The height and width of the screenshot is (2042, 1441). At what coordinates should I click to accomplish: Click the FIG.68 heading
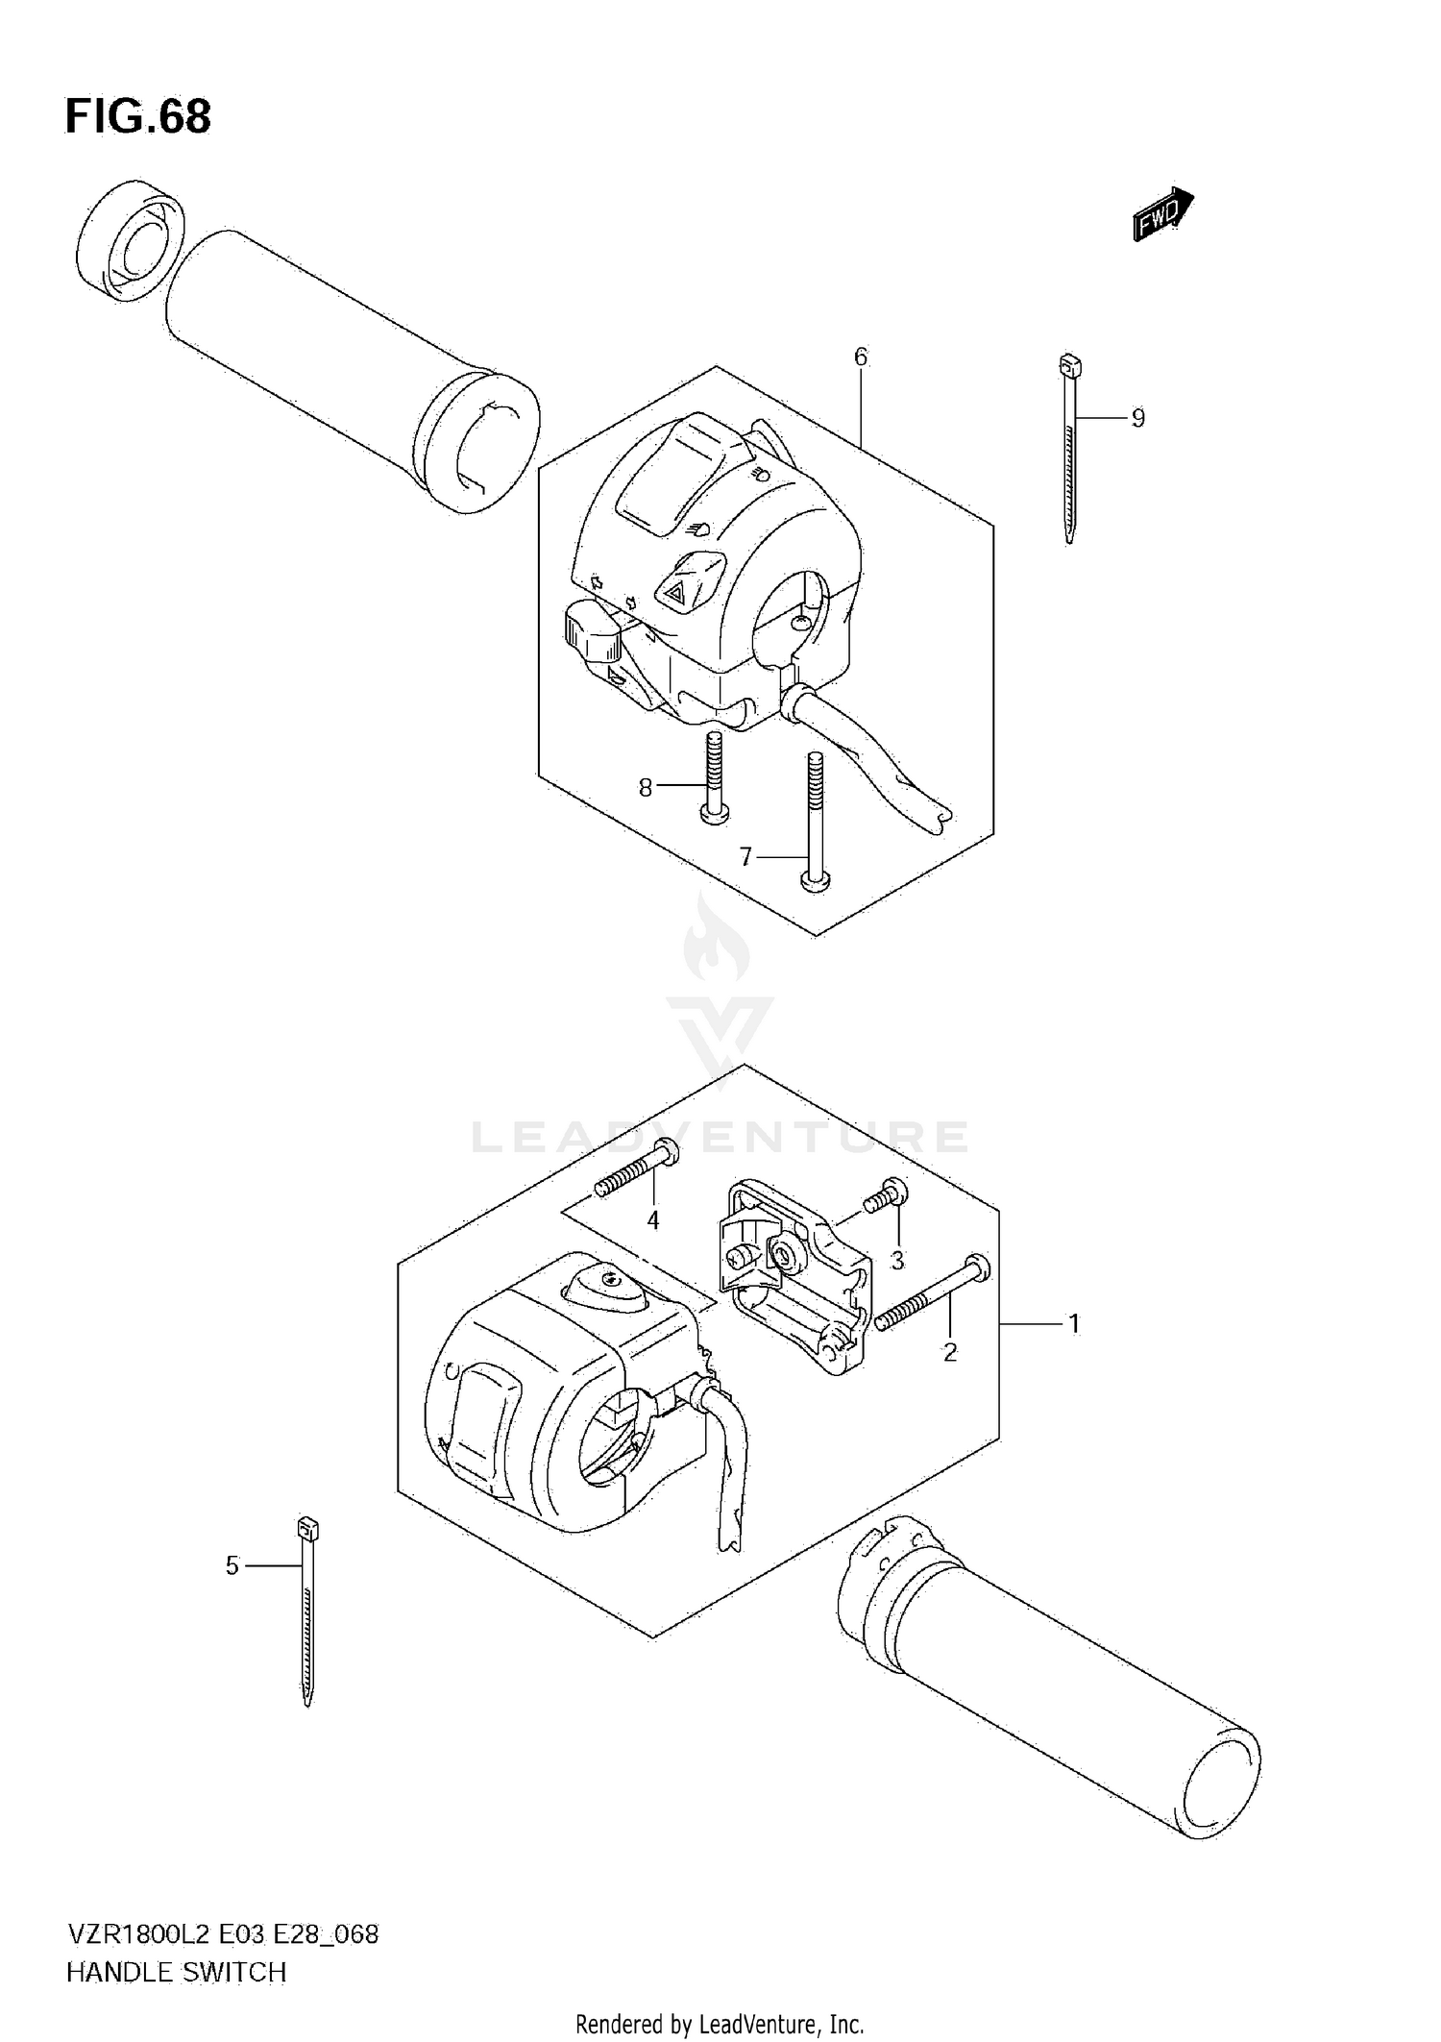pos(137,117)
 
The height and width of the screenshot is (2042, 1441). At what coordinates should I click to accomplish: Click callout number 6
pos(861,357)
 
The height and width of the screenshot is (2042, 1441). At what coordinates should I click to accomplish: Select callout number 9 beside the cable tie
pos(1137,418)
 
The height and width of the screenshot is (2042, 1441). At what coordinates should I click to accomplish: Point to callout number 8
pos(646,788)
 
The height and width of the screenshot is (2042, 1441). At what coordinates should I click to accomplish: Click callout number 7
pos(745,856)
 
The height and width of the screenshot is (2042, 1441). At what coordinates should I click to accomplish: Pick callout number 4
pos(653,1220)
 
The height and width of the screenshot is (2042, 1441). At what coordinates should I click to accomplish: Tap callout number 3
pos(897,1260)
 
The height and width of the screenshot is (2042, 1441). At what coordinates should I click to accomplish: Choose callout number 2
pos(950,1352)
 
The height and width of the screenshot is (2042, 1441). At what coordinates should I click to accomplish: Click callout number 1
pos(1074,1324)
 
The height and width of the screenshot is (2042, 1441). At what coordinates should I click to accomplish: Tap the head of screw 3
pos(893,1190)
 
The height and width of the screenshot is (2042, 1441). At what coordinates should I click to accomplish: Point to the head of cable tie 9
pos(1069,365)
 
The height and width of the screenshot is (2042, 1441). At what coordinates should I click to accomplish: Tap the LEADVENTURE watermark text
pos(720,1138)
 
